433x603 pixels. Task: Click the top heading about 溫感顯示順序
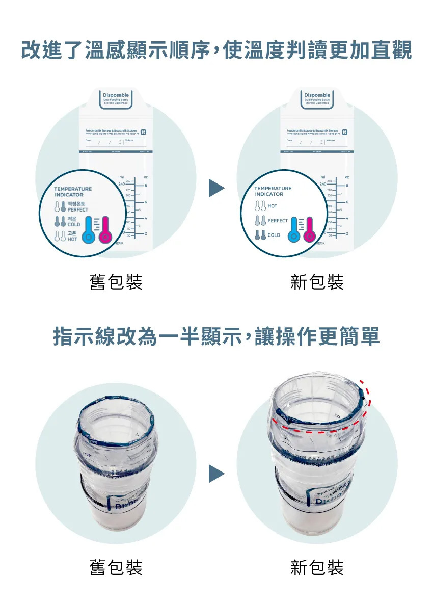pyautogui.click(x=216, y=51)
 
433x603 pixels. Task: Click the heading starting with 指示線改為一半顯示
pyautogui.click(x=216, y=337)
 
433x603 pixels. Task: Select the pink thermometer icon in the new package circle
pyautogui.click(x=309, y=230)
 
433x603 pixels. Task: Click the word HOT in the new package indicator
pyautogui.click(x=273, y=206)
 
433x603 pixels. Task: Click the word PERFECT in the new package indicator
pyautogui.click(x=278, y=221)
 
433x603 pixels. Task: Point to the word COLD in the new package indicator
pyautogui.click(x=274, y=235)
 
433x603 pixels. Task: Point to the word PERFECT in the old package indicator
pyautogui.click(x=77, y=209)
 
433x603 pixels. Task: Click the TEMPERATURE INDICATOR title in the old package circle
pyautogui.click(x=73, y=192)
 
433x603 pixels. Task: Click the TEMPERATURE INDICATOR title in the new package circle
pyautogui.click(x=273, y=191)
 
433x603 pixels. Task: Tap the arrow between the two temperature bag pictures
pyautogui.click(x=216, y=188)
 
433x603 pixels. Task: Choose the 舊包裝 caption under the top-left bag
pyautogui.click(x=116, y=282)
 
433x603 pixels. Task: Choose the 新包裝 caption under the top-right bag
pyautogui.click(x=317, y=282)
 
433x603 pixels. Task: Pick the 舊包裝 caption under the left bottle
pyautogui.click(x=116, y=567)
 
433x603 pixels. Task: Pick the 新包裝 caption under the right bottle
pyautogui.click(x=317, y=567)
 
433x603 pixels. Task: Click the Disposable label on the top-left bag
pyautogui.click(x=116, y=95)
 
